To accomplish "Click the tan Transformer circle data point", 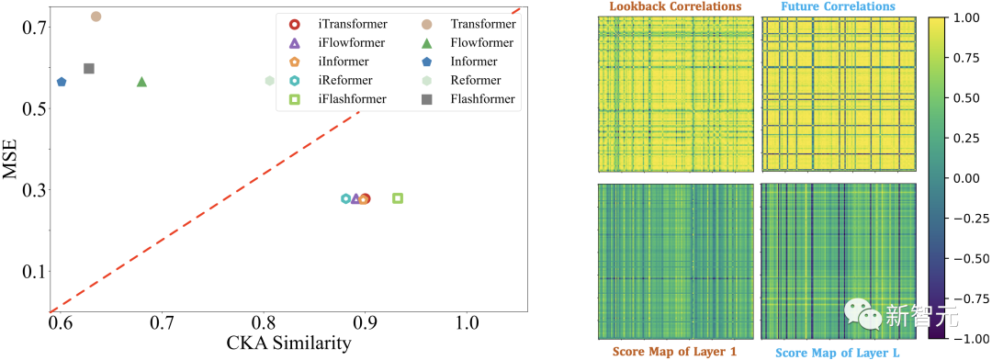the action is click(96, 17).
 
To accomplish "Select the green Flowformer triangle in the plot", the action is click(141, 82).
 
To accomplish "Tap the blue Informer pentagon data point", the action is click(62, 82).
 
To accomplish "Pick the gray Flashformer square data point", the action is click(89, 68).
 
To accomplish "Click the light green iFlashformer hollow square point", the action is click(398, 198).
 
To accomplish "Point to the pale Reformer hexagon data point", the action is click(269, 80).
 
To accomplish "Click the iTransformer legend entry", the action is click(337, 25).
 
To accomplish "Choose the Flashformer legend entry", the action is click(467, 98).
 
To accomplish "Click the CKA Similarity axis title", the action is click(289, 343).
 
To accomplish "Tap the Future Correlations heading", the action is click(839, 7).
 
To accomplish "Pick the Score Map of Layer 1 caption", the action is click(676, 352).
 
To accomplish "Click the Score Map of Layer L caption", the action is click(839, 352).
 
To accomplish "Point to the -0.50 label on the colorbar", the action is click(967, 259).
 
